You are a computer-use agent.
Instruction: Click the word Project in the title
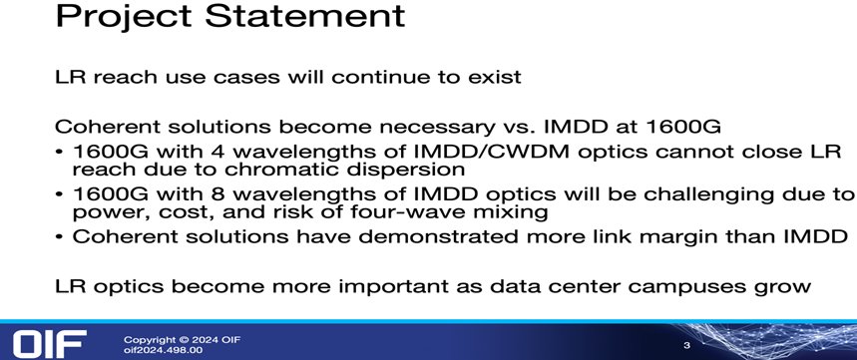(125, 16)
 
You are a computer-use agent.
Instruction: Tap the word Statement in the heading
(305, 15)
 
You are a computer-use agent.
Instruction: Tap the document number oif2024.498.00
(163, 350)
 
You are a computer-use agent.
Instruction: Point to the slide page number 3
(687, 345)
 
